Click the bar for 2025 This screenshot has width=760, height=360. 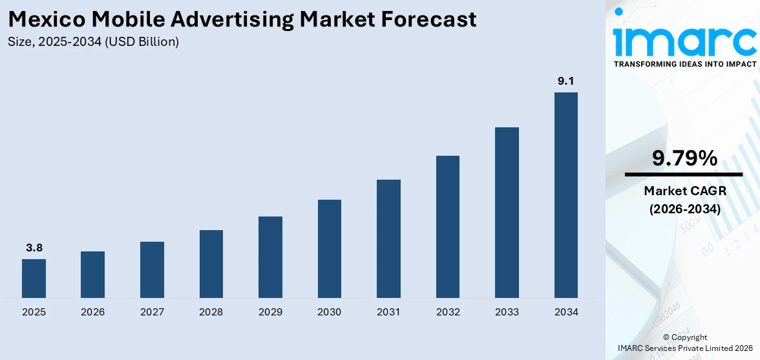pyautogui.click(x=34, y=279)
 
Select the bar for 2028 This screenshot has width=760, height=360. pyautogui.click(x=211, y=264)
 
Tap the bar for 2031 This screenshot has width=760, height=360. pyautogui.click(x=388, y=238)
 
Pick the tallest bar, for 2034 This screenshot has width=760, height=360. pyautogui.click(x=566, y=195)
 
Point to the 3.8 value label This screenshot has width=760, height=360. pyautogui.click(x=34, y=248)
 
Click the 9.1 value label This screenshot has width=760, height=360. pyautogui.click(x=566, y=81)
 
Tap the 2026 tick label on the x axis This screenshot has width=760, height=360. pyautogui.click(x=93, y=312)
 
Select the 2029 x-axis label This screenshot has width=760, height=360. pyautogui.click(x=270, y=312)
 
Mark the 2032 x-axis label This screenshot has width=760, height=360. pyautogui.click(x=448, y=312)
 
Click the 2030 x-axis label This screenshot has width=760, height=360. pyautogui.click(x=330, y=312)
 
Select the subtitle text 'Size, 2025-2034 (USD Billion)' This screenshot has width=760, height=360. pyautogui.click(x=94, y=42)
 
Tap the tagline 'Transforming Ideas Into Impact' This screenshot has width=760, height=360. pyautogui.click(x=684, y=65)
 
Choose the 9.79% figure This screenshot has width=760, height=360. pyautogui.click(x=684, y=158)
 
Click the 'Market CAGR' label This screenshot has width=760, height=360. pyautogui.click(x=684, y=191)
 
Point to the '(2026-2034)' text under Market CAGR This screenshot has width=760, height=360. pyautogui.click(x=684, y=209)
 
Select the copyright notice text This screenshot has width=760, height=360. pyautogui.click(x=684, y=343)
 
